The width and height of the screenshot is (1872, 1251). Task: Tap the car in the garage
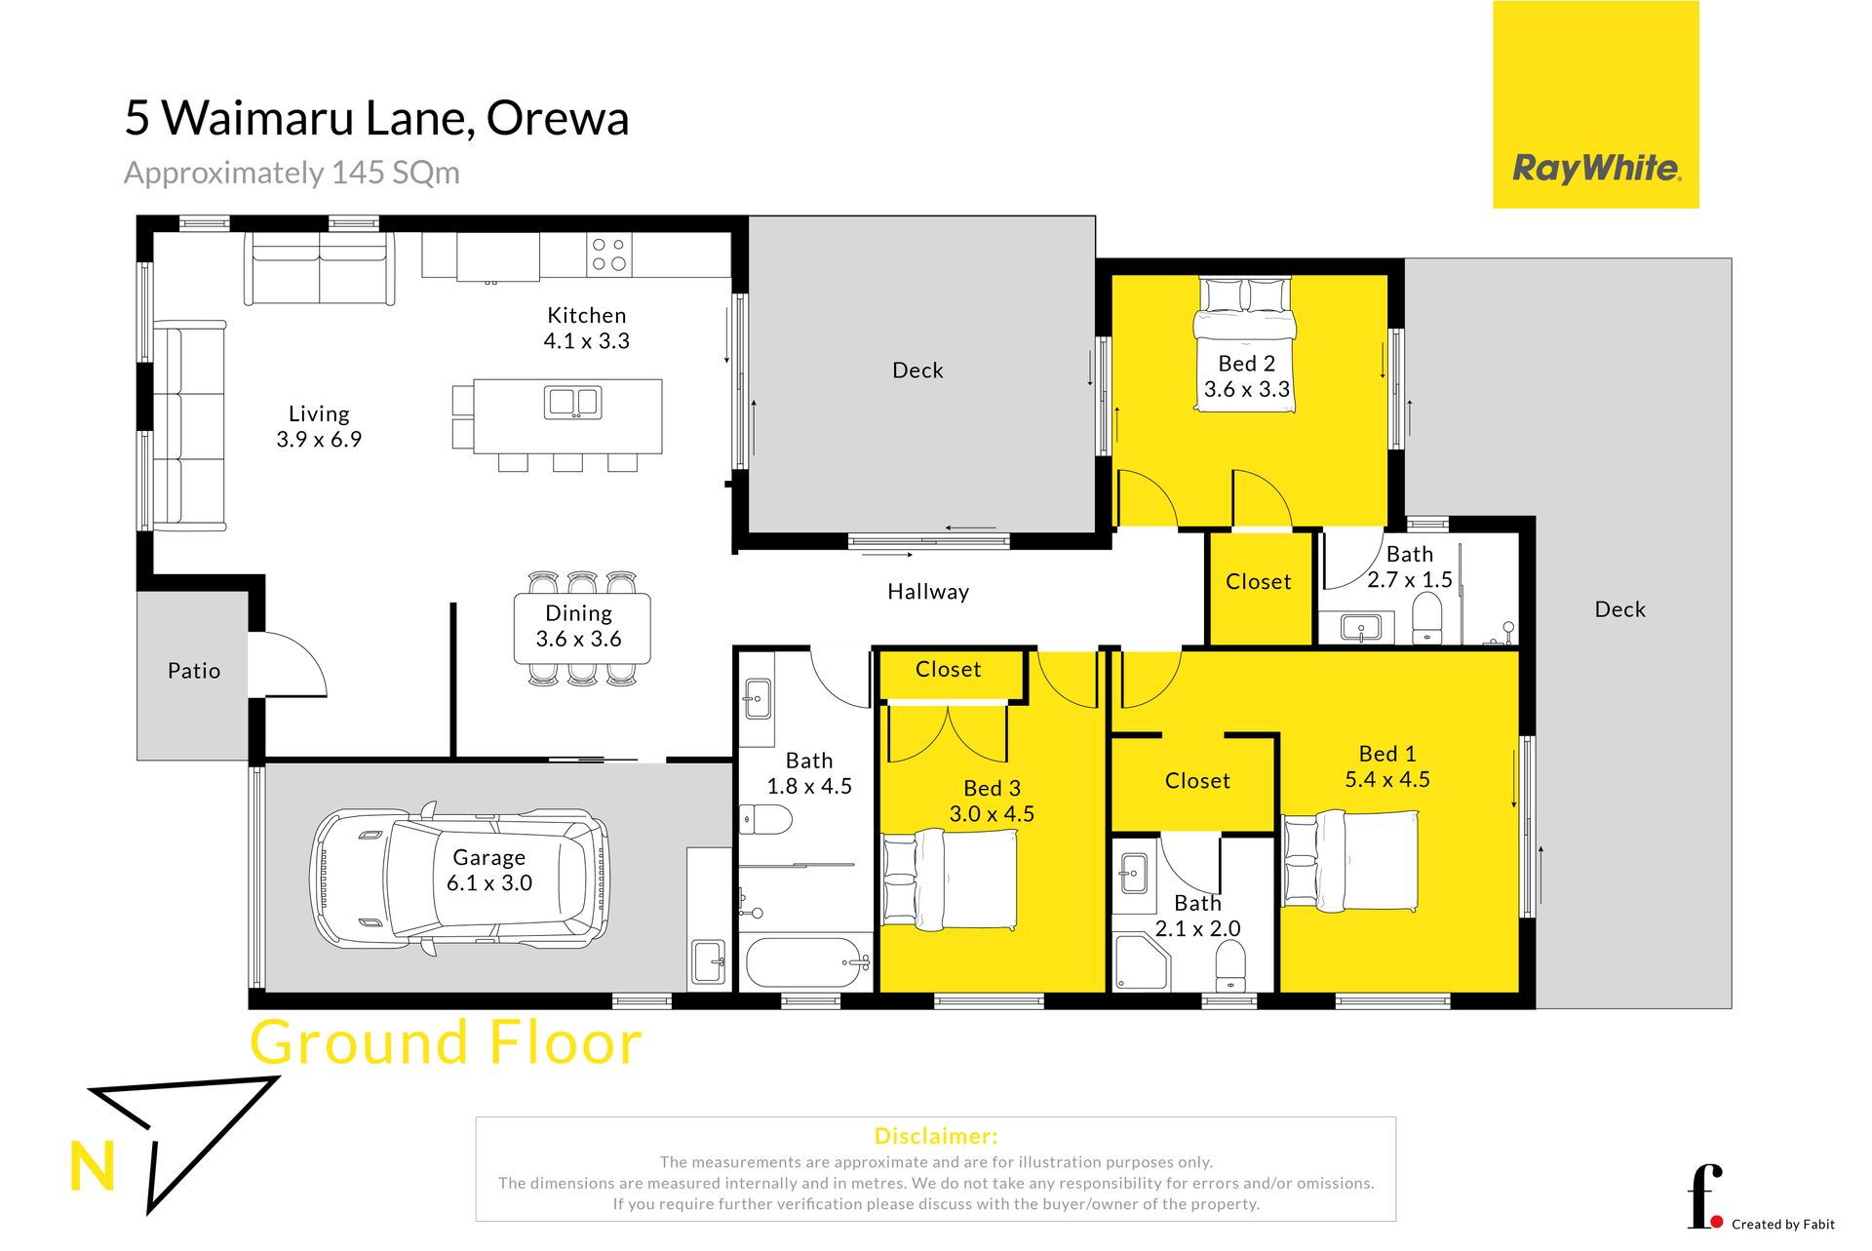pos(460,877)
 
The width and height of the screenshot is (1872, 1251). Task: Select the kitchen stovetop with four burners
pos(609,254)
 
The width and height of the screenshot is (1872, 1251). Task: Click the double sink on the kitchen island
pos(572,403)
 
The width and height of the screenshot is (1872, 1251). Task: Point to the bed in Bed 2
pos(1246,344)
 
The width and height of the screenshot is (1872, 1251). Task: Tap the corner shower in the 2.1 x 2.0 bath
pos(1141,962)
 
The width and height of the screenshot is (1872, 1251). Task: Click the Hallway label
pos(928,592)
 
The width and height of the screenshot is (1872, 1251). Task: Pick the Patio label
pos(194,671)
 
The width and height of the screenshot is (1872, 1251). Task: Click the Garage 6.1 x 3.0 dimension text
pos(489,883)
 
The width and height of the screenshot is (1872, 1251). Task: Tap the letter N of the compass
pos(93,1166)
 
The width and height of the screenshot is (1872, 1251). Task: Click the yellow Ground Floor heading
pos(447,1041)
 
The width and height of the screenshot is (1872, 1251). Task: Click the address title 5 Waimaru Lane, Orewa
pos(376,118)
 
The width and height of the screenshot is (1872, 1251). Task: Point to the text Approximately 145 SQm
pos(292,173)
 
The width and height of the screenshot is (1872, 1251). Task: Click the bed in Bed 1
pos(1350,861)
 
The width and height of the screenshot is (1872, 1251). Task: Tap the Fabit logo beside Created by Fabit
pos(1704,1197)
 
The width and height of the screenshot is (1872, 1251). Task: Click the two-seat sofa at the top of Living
pos(320,269)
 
